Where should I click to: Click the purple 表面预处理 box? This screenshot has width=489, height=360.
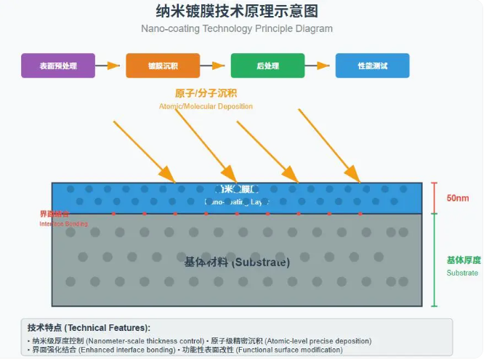tap(57, 65)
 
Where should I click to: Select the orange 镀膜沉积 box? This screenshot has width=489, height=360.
tap(162, 65)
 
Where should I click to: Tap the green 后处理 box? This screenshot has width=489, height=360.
tap(267, 65)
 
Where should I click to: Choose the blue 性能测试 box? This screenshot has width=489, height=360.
tap(372, 65)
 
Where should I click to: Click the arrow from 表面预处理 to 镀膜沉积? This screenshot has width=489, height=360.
tap(110, 65)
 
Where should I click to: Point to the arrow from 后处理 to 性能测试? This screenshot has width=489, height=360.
tap(320, 65)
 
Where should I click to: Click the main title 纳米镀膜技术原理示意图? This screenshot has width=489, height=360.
tap(237, 12)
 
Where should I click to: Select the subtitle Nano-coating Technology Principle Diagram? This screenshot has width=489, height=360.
tap(237, 29)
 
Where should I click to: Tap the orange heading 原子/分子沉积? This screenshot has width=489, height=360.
tap(206, 93)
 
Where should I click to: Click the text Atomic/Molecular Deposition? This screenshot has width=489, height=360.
tap(206, 106)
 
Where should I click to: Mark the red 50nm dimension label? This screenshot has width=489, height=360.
tap(458, 198)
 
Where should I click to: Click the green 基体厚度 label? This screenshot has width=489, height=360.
tap(463, 260)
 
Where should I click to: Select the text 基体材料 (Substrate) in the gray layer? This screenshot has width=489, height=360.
tap(237, 262)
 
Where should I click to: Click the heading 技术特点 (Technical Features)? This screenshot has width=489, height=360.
tap(89, 328)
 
